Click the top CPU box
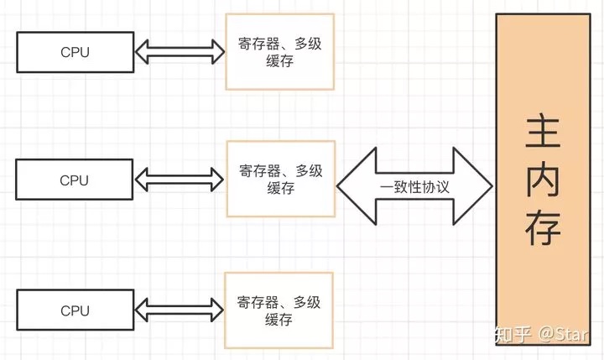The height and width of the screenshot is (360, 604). [74, 52]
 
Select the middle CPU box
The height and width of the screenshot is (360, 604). [74, 180]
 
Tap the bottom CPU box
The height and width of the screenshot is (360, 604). [74, 310]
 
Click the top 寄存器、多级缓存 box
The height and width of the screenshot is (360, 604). [279, 51]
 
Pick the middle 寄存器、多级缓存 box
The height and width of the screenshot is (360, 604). [279, 179]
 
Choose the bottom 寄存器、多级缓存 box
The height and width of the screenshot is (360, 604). [279, 310]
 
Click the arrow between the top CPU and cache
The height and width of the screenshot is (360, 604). [179, 52]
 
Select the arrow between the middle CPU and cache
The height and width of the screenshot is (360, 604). [179, 180]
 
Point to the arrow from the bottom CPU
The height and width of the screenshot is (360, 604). [179, 310]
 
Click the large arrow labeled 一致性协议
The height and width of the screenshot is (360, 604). [414, 185]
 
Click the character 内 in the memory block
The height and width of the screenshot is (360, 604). [542, 184]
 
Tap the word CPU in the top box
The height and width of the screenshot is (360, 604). [74, 52]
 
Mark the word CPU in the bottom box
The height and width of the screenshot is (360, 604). [74, 310]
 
